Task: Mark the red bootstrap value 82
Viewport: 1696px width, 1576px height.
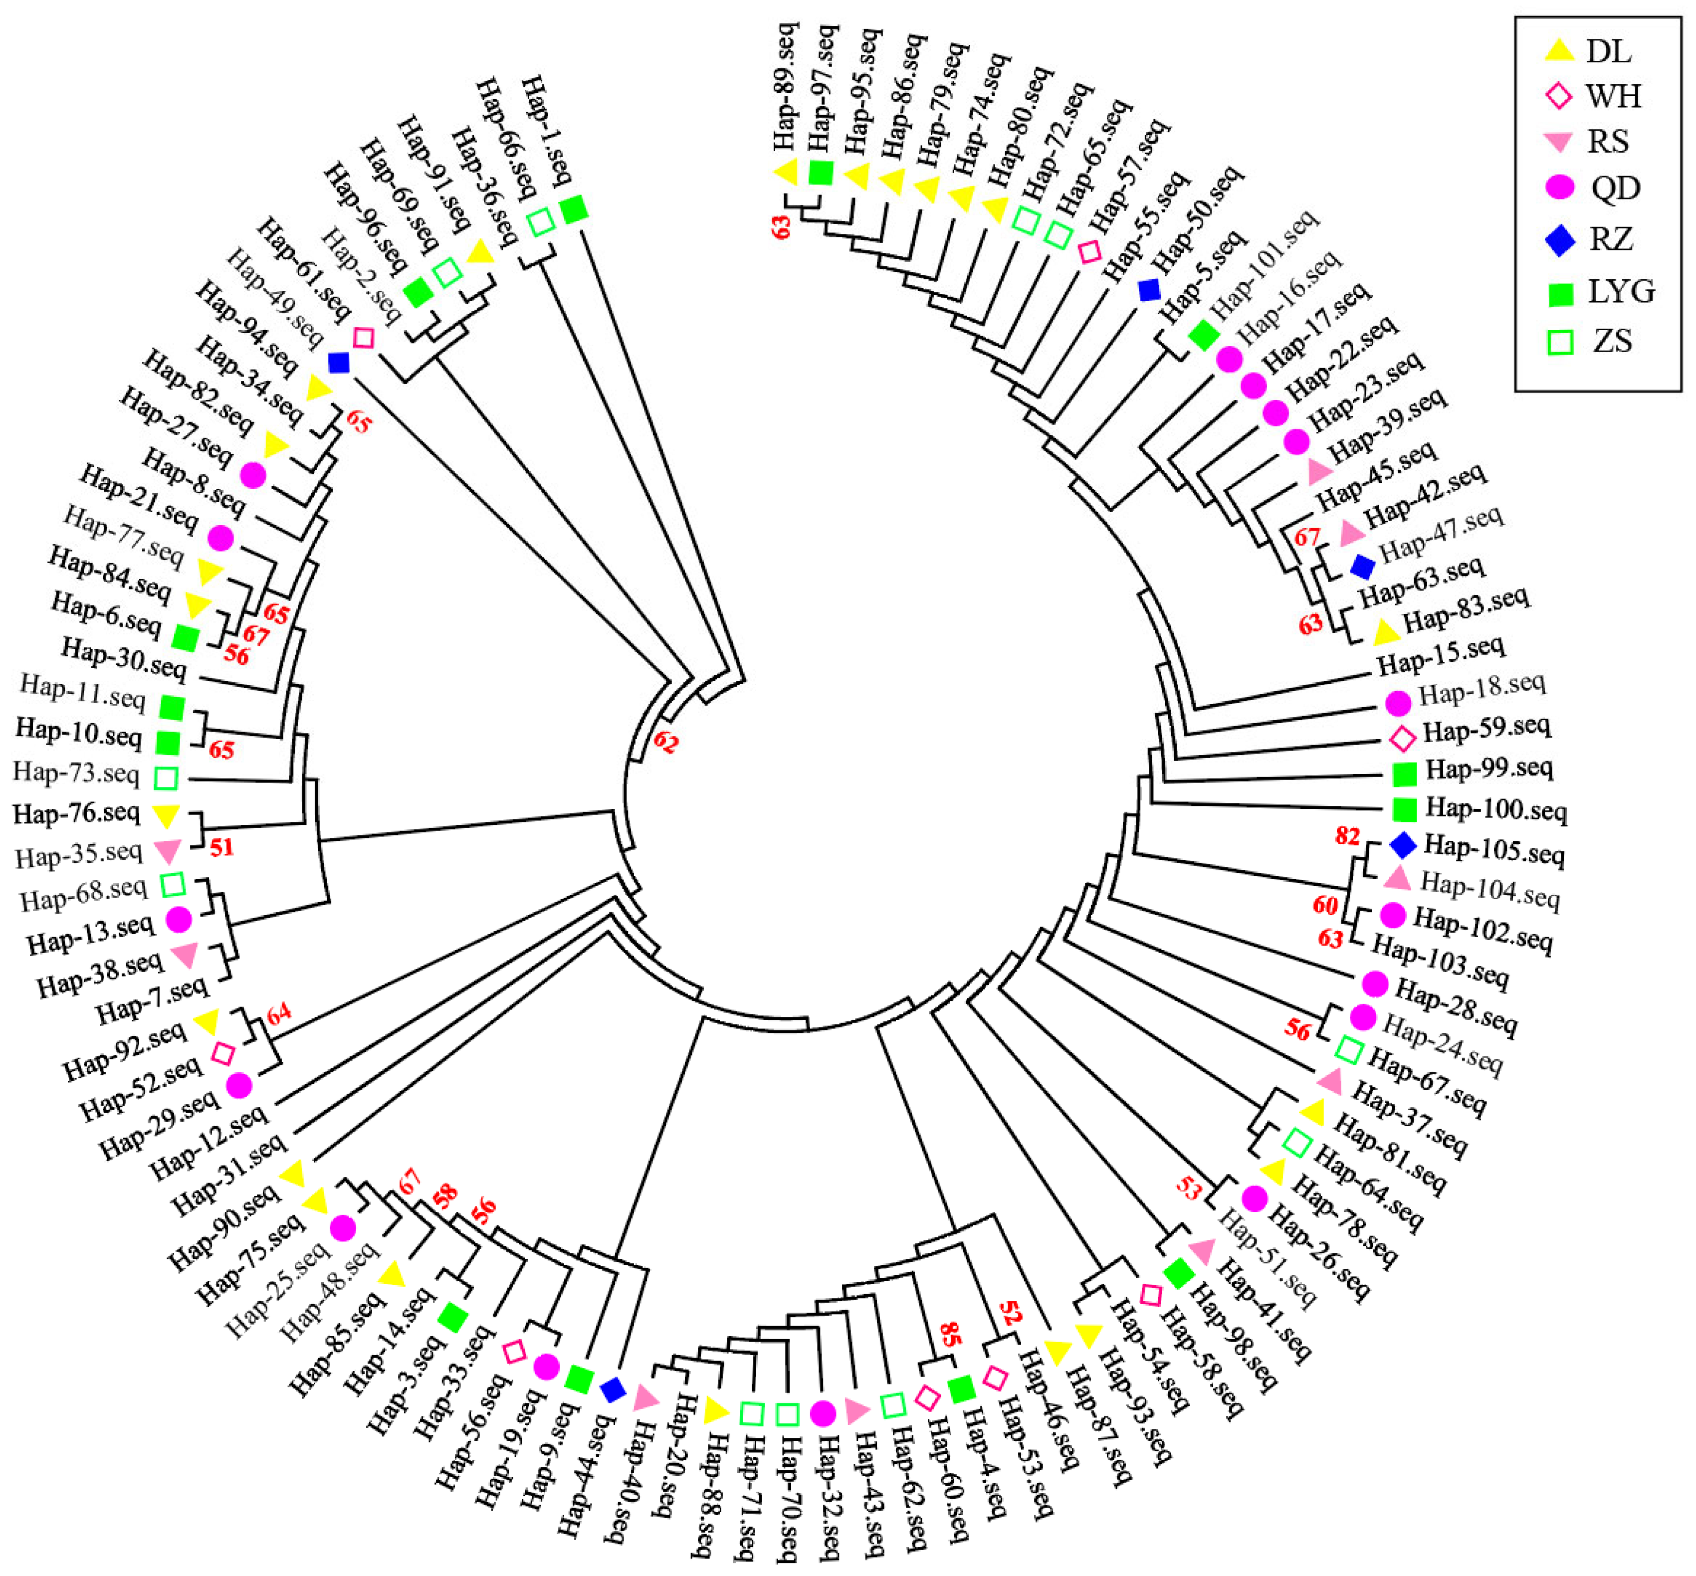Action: pyautogui.click(x=1347, y=836)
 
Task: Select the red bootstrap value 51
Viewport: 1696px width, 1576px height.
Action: pyautogui.click(x=222, y=847)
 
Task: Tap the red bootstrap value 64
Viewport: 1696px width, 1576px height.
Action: pyautogui.click(x=279, y=1013)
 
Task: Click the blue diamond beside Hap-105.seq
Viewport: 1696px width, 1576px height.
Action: pyautogui.click(x=1403, y=845)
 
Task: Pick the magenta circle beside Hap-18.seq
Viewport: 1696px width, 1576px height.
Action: pyautogui.click(x=1397, y=703)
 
